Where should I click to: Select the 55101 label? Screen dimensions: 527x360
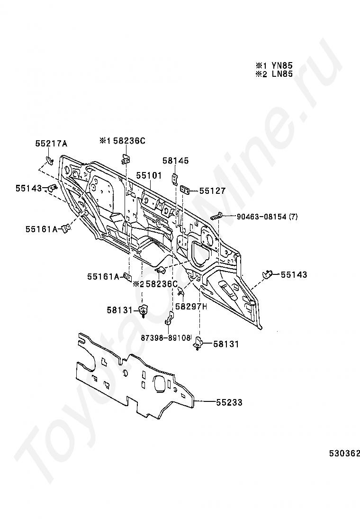[149, 176]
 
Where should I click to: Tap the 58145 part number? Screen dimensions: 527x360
[175, 161]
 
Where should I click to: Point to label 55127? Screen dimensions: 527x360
[212, 191]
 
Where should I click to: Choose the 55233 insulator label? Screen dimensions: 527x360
[229, 402]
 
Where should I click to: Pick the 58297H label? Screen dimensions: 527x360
[191, 307]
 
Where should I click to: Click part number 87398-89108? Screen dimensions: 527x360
[165, 338]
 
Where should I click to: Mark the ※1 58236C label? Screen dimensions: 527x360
[122, 141]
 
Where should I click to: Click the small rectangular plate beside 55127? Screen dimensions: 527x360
[185, 190]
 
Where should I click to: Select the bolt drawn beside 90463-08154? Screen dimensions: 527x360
[217, 216]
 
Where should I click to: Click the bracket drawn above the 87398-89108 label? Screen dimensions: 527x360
[168, 322]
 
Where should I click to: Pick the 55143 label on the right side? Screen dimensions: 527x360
[294, 274]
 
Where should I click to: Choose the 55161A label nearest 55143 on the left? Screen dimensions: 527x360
[42, 229]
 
